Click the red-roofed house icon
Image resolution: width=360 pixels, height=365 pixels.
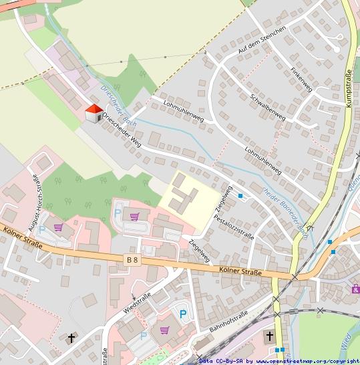94,114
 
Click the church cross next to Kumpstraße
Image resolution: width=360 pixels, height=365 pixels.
270,336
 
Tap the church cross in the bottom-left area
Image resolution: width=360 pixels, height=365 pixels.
71,338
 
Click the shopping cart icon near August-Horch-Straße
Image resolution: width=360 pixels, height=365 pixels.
58,227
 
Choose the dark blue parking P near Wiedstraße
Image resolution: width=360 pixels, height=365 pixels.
182,313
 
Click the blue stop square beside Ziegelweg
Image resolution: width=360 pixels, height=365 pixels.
241,196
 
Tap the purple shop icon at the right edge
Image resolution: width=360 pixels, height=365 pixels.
355,288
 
